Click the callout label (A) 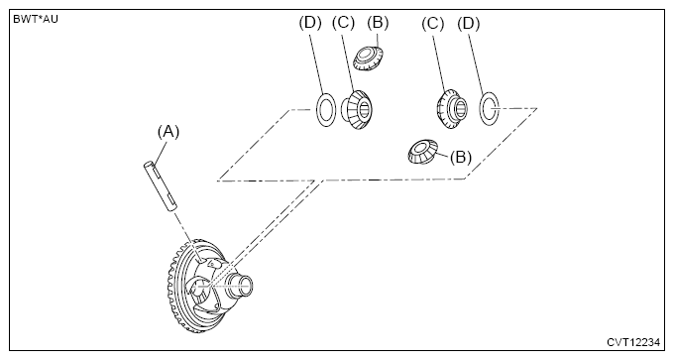point(168,132)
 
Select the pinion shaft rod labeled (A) point(160,185)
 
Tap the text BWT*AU point(36,19)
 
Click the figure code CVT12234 point(632,342)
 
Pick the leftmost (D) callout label point(310,23)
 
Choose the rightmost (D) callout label point(468,24)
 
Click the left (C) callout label point(343,23)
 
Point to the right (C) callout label point(432,24)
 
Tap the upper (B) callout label point(378,22)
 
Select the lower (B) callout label point(460,157)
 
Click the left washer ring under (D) point(317,109)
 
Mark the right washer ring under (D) point(482,109)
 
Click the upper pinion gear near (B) point(368,59)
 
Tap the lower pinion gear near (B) point(422,152)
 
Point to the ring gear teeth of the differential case point(171,284)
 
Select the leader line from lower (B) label point(443,153)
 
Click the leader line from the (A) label point(161,153)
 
